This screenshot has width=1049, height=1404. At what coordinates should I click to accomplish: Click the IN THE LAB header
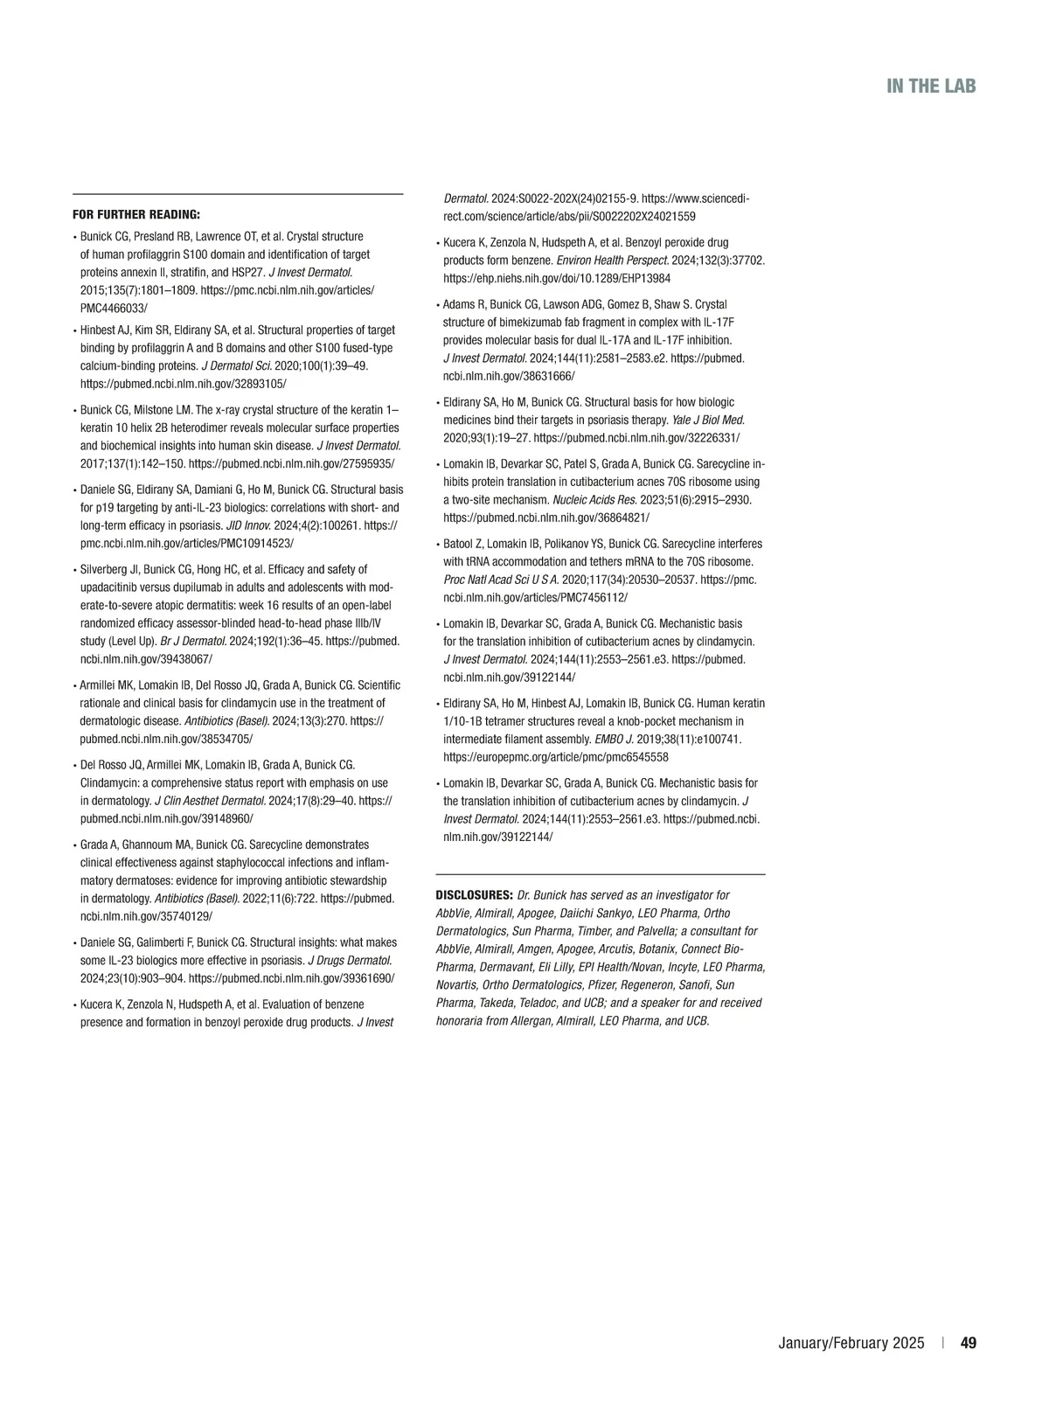coord(931,86)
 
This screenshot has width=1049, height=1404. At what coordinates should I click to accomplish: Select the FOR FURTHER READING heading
coord(135,214)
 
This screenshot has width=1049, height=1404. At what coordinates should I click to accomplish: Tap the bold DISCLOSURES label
coord(474,895)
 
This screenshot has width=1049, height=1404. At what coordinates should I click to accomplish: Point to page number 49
coord(968,1343)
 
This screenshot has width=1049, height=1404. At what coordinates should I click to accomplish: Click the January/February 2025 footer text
coord(851,1343)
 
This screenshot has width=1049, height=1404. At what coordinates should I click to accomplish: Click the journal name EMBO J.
coord(616,739)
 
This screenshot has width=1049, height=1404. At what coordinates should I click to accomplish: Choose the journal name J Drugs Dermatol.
coord(350,960)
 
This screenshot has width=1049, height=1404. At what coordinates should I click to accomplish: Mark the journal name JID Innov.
coord(247,525)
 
